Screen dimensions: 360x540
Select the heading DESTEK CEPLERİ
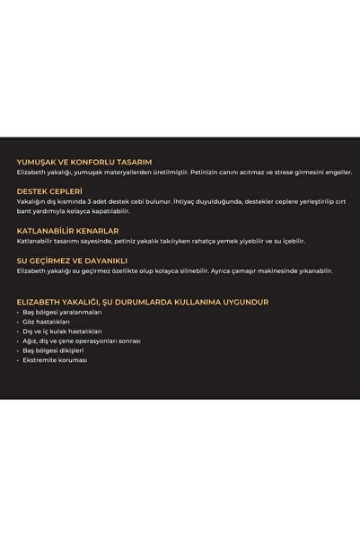(x=49, y=191)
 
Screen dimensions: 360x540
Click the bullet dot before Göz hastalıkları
(x=20, y=322)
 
